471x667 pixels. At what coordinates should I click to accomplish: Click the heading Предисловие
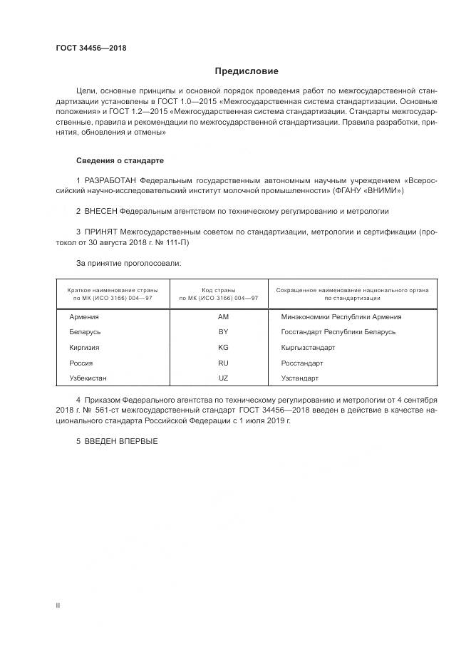click(x=247, y=71)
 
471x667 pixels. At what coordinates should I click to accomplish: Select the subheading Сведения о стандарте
click(x=120, y=161)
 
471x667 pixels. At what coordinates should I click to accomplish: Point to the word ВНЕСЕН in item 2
click(x=100, y=212)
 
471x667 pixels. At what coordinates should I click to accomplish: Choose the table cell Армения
click(x=84, y=317)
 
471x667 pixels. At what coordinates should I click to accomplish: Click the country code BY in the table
click(x=223, y=332)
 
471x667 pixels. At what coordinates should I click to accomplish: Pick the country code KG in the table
click(x=223, y=348)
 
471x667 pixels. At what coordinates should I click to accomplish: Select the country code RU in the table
click(x=223, y=363)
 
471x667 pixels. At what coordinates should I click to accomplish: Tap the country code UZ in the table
click(x=223, y=378)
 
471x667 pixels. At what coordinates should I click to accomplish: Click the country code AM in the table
click(x=223, y=317)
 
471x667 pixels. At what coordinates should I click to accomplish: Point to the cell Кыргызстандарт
click(x=308, y=348)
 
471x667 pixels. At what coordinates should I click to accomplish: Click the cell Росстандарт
click(x=302, y=363)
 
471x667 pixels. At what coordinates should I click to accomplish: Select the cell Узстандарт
click(x=300, y=378)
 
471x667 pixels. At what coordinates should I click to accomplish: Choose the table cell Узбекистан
click(x=89, y=378)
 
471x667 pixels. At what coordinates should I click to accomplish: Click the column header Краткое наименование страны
click(x=113, y=291)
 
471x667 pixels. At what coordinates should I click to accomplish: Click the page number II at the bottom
click(x=58, y=606)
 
